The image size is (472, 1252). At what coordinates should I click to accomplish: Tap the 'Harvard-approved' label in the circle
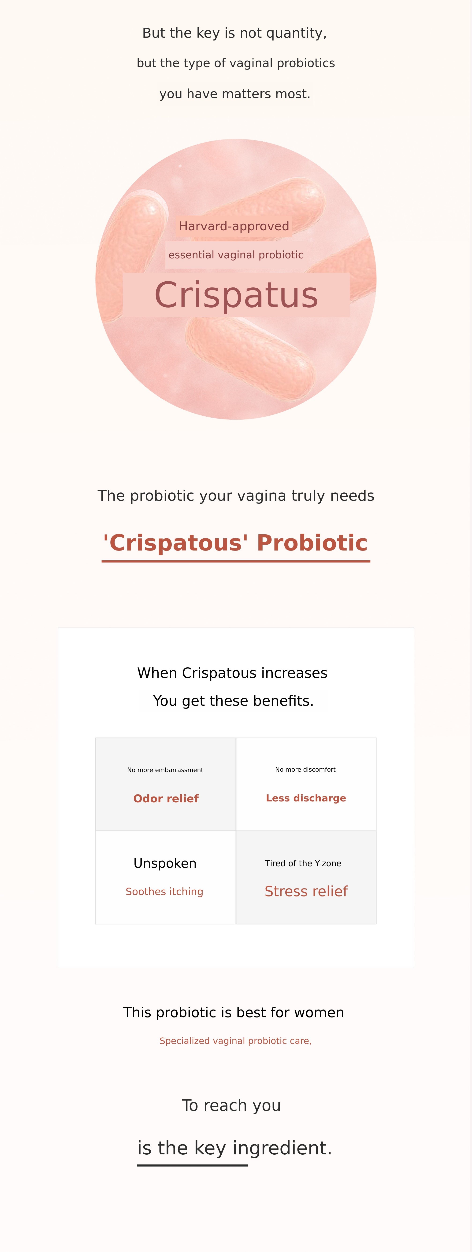point(234,227)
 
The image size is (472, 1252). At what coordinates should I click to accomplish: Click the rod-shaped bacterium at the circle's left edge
point(129,253)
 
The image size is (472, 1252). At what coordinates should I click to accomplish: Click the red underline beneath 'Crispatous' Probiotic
point(236,561)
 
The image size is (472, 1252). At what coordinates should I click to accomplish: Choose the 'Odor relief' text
point(166,799)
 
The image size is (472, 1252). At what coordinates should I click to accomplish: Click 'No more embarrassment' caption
point(165,770)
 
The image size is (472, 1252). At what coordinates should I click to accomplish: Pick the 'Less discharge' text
point(306,798)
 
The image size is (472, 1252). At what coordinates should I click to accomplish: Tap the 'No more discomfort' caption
point(306,769)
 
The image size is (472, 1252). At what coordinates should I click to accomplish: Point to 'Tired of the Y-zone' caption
point(303,863)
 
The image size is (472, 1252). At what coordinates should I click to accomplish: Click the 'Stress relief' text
point(306,891)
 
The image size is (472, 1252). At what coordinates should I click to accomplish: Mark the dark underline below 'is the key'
point(192,1165)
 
